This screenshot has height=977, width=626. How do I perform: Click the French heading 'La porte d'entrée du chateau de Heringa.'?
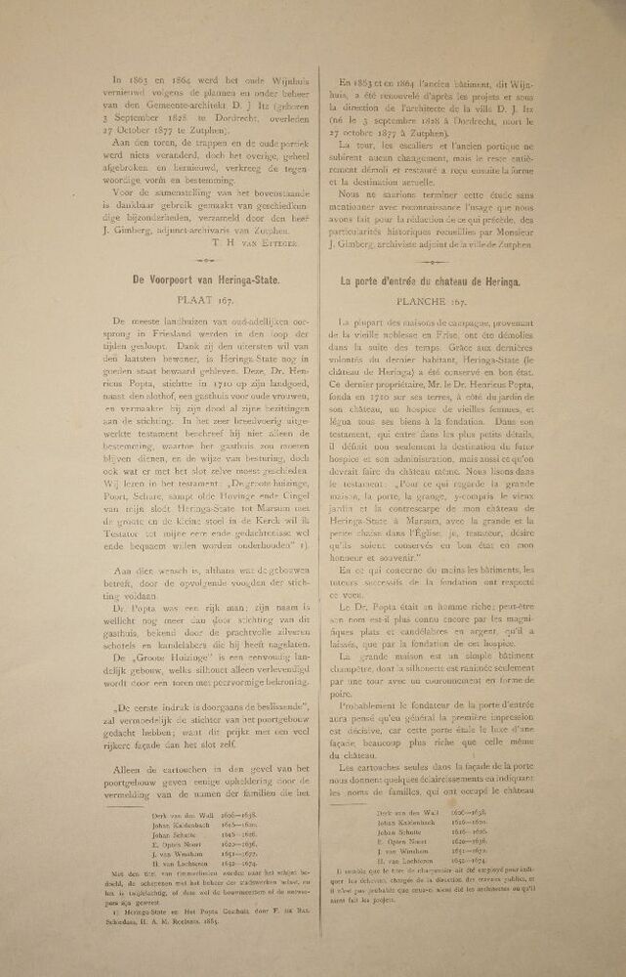[x=429, y=280]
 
